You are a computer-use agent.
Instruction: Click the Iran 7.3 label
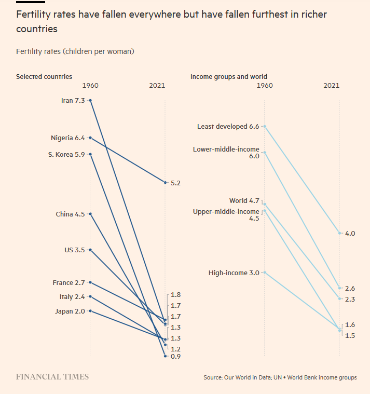point(73,100)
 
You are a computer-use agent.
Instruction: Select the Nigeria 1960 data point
point(90,138)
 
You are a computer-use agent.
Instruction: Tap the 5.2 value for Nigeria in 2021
point(175,183)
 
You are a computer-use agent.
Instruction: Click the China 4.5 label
point(70,214)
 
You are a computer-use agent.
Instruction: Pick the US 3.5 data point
point(90,250)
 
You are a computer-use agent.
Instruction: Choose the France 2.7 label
point(68,282)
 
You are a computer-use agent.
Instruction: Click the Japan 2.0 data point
point(90,310)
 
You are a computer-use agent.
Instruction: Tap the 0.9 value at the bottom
point(175,357)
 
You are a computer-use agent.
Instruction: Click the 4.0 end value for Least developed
point(350,234)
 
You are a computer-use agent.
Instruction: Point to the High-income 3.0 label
point(234,273)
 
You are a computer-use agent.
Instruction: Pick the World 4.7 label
point(244,201)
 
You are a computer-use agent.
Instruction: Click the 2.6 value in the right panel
point(350,288)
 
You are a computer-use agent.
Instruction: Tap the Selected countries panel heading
point(44,77)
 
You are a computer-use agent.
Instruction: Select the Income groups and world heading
point(229,77)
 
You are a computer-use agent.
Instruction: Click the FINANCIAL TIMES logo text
point(52,377)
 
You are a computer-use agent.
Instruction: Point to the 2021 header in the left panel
point(157,85)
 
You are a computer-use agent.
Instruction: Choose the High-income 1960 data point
point(265,272)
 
